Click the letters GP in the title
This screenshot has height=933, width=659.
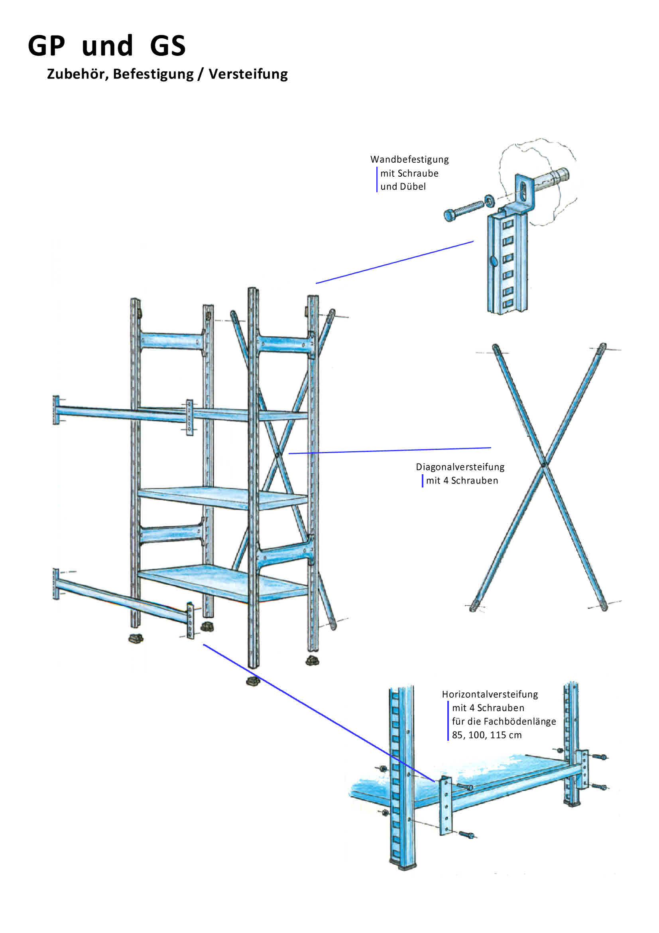46,45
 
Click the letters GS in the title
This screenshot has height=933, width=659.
168,45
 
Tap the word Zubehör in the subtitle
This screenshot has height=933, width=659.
78,74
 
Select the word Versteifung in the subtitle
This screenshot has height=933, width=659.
248,74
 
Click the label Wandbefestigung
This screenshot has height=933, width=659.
409,159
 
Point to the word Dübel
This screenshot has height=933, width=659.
413,187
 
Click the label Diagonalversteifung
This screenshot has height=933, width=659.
460,467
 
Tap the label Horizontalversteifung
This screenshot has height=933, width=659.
490,694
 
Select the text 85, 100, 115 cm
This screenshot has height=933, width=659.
486,735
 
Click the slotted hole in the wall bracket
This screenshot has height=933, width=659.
525,191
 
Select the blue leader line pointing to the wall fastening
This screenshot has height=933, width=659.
394,262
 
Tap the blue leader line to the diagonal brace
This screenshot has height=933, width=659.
390,450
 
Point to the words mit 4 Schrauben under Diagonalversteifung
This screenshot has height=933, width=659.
462,480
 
